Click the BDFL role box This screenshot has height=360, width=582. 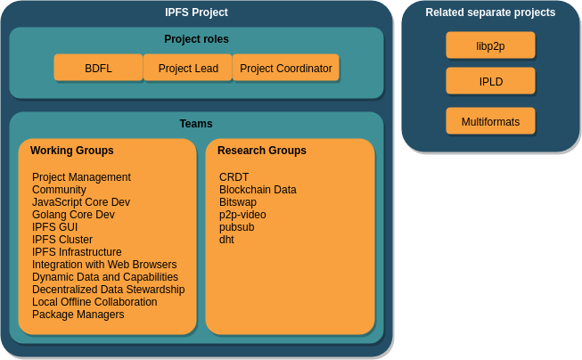click(x=98, y=68)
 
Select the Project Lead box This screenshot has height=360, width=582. click(x=188, y=68)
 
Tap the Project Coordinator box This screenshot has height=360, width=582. click(x=286, y=68)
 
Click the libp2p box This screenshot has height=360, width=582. click(x=490, y=45)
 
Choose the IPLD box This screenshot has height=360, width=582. click(x=490, y=81)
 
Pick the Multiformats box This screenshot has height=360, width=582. click(x=490, y=121)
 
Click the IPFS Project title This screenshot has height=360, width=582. click(x=196, y=12)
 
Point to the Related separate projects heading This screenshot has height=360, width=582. click(x=490, y=12)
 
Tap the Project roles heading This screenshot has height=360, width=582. click(x=196, y=39)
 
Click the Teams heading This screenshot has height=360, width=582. click(x=196, y=124)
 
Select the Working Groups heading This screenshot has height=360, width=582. click(x=72, y=151)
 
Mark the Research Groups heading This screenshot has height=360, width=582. click(x=262, y=151)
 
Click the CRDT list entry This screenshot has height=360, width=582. click(x=234, y=177)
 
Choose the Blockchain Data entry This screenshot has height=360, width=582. click(x=258, y=190)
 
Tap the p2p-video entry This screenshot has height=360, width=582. click(x=242, y=215)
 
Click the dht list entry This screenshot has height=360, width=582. click(x=226, y=240)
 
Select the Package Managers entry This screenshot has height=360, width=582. click(x=78, y=315)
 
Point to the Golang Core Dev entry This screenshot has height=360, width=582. click(x=73, y=215)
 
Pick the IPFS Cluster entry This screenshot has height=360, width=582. click(x=62, y=240)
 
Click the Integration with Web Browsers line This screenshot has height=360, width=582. click(x=104, y=265)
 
